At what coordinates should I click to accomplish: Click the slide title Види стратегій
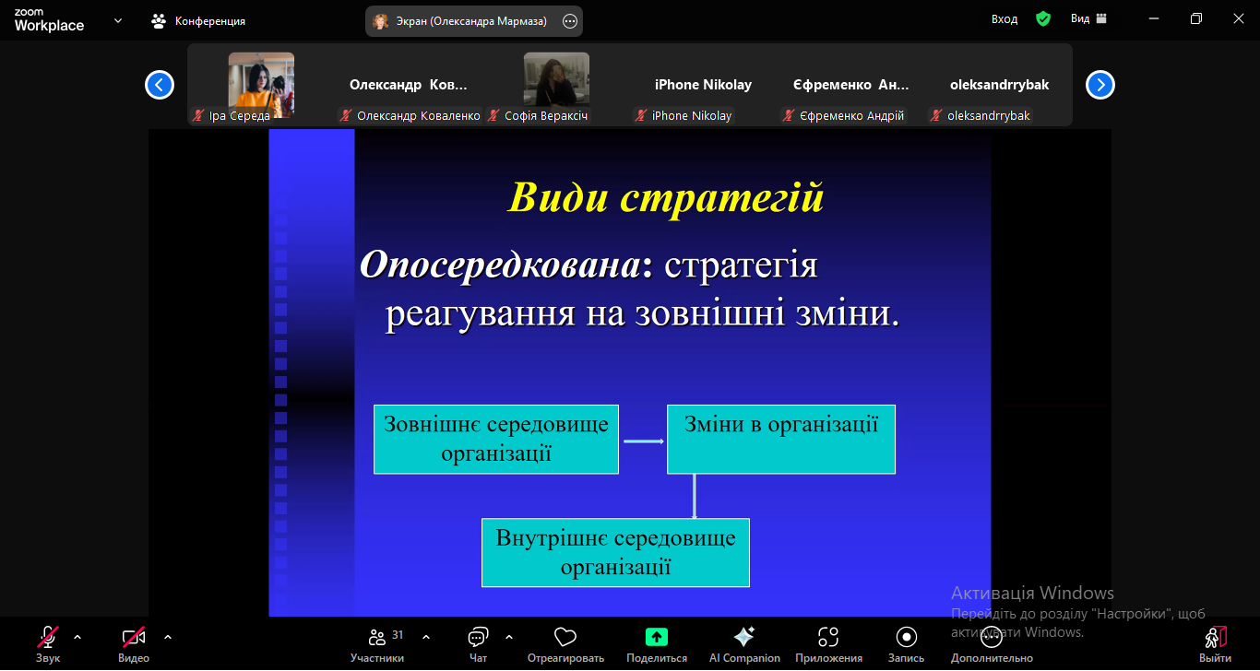tap(665, 198)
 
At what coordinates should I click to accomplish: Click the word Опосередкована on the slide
tap(500, 265)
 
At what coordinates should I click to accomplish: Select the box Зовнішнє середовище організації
tap(496, 440)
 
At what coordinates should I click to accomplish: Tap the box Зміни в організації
tap(781, 440)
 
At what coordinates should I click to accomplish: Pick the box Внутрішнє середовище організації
tap(615, 552)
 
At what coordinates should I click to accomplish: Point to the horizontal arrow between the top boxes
tap(644, 441)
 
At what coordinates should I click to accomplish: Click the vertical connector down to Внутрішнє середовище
tap(695, 496)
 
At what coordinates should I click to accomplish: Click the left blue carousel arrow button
tap(160, 85)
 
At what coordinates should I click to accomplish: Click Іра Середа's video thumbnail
tap(261, 85)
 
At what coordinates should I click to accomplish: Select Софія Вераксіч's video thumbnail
tap(556, 79)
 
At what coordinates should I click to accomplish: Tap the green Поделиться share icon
tap(657, 637)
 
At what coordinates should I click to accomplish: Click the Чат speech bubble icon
tap(478, 637)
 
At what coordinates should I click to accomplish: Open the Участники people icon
tap(377, 637)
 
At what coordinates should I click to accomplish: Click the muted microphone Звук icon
tap(48, 637)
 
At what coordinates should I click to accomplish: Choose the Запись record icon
tap(906, 637)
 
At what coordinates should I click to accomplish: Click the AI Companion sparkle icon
tap(744, 637)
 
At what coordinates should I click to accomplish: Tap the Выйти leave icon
tap(1216, 637)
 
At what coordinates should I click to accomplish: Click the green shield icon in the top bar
tap(1043, 19)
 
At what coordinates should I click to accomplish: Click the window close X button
tap(1239, 18)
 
